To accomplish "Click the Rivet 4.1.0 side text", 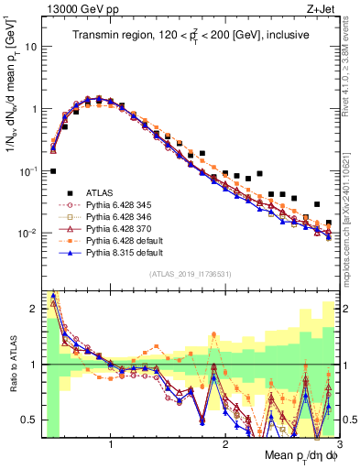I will [351, 64].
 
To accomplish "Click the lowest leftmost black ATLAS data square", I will [53, 171].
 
